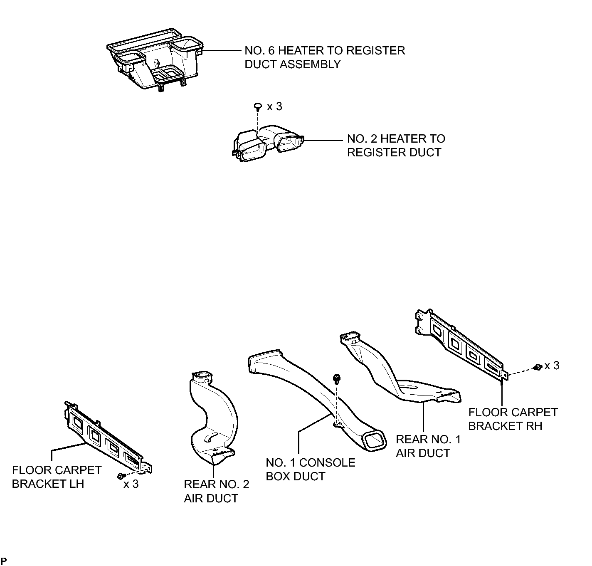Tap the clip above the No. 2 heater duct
tap(258, 106)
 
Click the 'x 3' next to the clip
tap(274, 106)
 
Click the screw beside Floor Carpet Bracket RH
tap(538, 367)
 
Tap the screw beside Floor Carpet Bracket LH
tap(121, 476)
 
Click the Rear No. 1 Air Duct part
tap(395, 368)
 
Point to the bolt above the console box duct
tap(337, 379)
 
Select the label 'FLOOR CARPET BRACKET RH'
tap(513, 419)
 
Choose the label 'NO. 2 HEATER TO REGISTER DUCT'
tap(396, 146)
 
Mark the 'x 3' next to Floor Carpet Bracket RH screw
tap(552, 366)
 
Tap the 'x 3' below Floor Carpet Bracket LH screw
tap(131, 484)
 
